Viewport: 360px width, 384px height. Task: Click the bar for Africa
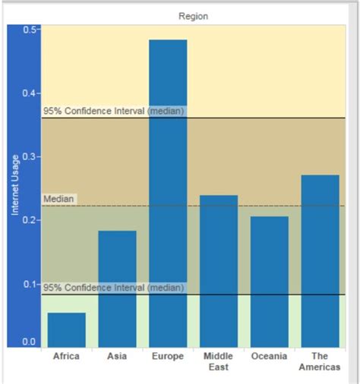67,329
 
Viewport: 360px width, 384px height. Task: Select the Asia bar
117,288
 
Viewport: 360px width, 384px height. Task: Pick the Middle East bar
219,271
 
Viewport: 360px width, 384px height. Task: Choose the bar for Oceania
270,282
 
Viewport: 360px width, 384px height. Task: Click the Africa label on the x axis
67,356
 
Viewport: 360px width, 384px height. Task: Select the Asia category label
117,356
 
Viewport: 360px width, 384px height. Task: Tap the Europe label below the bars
168,356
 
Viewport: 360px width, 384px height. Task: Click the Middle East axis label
219,361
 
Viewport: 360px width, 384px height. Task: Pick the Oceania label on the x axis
270,356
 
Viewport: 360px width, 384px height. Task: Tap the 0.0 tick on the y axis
30,342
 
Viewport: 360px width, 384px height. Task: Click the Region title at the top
193,16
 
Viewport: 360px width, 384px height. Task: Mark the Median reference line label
58,199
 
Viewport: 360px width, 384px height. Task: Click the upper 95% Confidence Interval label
113,111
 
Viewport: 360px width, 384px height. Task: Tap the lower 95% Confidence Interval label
113,288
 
